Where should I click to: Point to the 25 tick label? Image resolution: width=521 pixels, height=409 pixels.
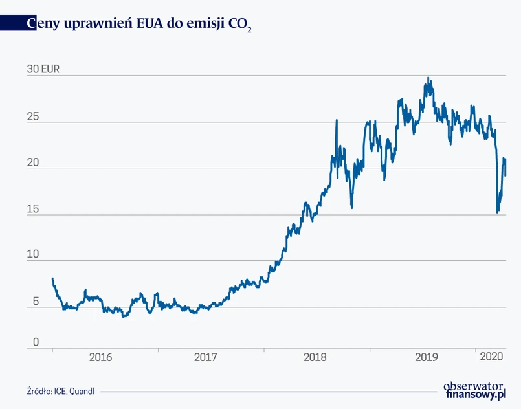pyautogui.click(x=32, y=117)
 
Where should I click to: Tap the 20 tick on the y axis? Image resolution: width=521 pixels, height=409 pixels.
pyautogui.click(x=32, y=163)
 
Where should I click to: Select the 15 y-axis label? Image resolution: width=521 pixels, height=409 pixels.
pyautogui.click(x=32, y=209)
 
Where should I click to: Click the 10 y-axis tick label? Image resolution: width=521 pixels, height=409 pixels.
pyautogui.click(x=32, y=256)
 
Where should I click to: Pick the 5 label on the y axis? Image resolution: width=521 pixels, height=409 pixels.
pyautogui.click(x=35, y=302)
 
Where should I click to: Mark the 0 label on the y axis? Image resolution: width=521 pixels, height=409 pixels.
pyautogui.click(x=35, y=342)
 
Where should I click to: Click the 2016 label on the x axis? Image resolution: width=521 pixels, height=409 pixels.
pyautogui.click(x=101, y=357)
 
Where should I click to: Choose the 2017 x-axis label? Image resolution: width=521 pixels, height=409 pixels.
pyautogui.click(x=206, y=357)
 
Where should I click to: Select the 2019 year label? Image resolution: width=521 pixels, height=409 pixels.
pyautogui.click(x=427, y=357)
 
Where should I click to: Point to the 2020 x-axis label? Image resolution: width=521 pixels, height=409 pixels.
pyautogui.click(x=491, y=357)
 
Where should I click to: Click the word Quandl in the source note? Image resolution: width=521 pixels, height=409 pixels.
pyautogui.click(x=82, y=391)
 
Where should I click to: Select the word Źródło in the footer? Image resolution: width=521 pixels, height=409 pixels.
pyautogui.click(x=39, y=391)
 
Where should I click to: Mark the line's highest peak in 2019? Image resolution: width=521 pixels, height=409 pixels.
pyautogui.click(x=428, y=78)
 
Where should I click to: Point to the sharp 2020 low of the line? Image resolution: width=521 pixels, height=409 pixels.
pyautogui.click(x=497, y=212)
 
